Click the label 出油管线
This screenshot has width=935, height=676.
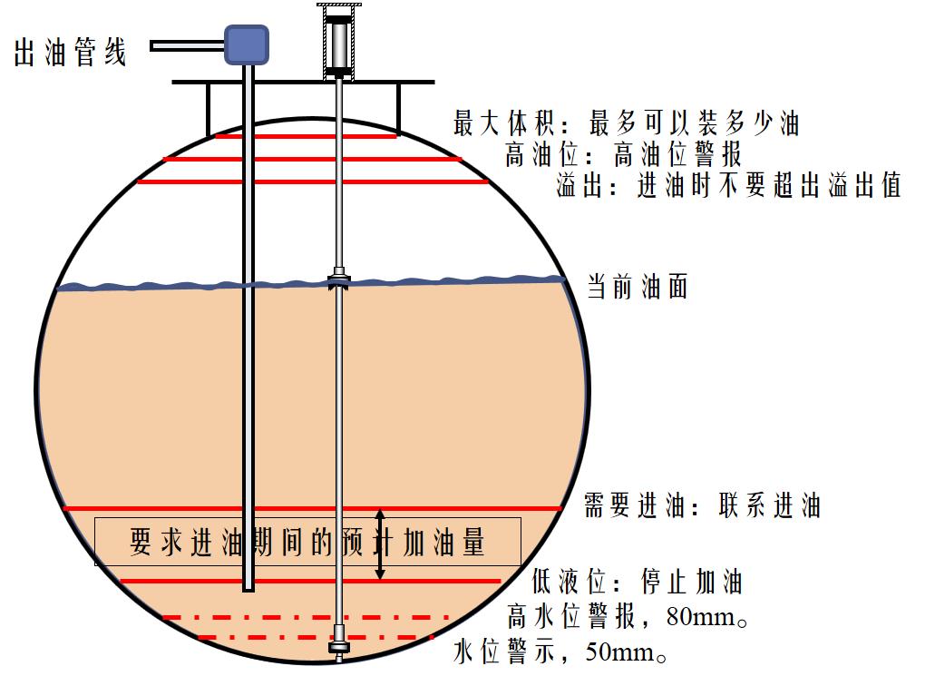point(71,52)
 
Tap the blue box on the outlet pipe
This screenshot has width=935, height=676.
point(247,44)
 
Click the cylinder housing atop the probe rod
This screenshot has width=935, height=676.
point(338,42)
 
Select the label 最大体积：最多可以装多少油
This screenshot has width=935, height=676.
point(626,122)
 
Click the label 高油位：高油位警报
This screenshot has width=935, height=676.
point(624,154)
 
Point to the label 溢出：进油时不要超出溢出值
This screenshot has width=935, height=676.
point(728,185)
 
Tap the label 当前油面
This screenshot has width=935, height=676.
point(638,287)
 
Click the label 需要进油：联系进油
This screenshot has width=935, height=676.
point(703,505)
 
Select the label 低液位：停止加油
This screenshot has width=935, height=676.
point(637,581)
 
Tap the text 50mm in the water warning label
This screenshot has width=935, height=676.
point(620,652)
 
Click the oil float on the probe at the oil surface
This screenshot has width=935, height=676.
point(338,279)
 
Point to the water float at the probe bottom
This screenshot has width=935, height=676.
point(338,647)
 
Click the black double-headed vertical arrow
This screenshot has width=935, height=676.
point(380,544)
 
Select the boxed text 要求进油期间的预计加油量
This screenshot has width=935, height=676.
point(307,542)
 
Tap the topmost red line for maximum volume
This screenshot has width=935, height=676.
point(306,136)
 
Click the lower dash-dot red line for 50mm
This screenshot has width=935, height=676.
point(316,637)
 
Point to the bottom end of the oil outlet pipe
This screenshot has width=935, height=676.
point(248,590)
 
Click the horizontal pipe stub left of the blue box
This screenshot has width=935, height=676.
point(187,45)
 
